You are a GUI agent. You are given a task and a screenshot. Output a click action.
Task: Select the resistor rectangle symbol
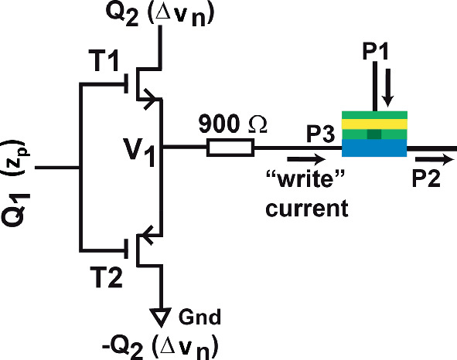(x=230, y=148)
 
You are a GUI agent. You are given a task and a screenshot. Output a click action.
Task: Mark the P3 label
(x=319, y=136)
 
